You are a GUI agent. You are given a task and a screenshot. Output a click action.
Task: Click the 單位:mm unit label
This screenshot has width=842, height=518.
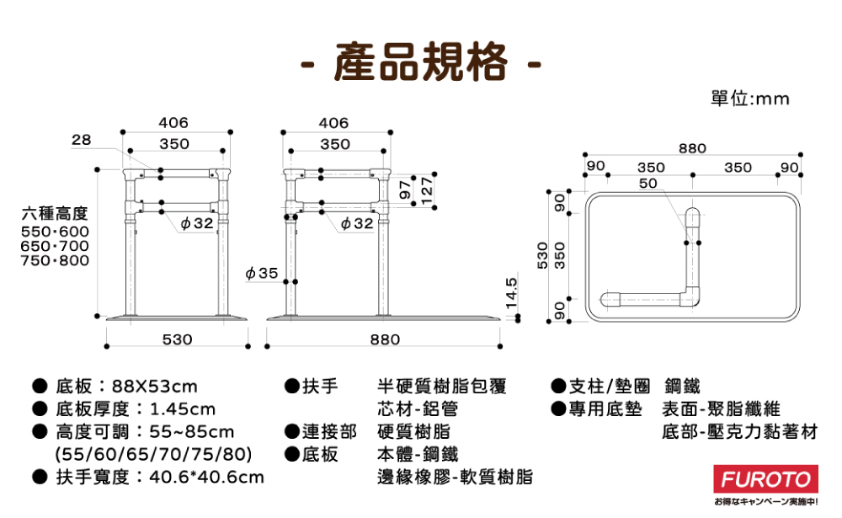coord(750,99)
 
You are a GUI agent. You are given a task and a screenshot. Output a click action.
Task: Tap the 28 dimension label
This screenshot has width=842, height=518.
coord(82,139)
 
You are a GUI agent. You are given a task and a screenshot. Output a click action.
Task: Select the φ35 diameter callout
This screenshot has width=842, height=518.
coord(262,273)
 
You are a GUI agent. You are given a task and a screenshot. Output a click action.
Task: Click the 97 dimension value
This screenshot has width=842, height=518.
coord(405,190)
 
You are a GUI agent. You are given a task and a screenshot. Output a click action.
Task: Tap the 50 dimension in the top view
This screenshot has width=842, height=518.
coord(647,183)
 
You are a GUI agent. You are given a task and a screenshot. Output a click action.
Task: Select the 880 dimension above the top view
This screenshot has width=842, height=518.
coord(692,148)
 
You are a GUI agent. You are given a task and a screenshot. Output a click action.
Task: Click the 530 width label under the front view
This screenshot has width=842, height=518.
coord(177,339)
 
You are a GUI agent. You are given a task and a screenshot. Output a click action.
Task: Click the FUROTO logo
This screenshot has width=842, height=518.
coord(766,481)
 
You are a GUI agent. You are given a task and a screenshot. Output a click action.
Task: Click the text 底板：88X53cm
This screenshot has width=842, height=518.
coord(126,387)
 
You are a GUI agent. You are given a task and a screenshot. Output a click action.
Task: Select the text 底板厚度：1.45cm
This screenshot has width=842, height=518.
coord(136,409)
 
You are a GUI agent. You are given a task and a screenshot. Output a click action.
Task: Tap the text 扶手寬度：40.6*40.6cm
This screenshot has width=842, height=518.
coord(159,478)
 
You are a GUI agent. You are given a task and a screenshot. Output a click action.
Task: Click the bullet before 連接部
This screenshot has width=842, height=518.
coord(292,432)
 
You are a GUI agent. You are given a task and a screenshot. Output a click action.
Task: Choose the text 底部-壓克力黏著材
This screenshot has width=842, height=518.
coord(739,432)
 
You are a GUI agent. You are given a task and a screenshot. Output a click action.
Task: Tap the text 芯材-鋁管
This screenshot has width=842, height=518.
coord(418,409)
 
